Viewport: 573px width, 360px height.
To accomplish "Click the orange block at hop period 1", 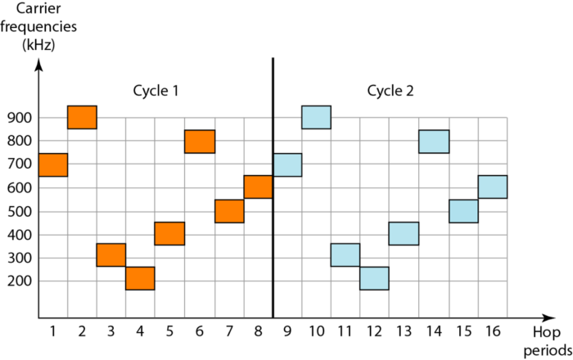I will (52, 164).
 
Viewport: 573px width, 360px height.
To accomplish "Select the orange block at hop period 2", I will (82, 117).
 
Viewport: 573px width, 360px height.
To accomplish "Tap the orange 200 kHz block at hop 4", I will (140, 278).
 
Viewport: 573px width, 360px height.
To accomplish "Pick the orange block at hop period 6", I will (200, 142).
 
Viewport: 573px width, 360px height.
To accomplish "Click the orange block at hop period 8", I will (258, 187).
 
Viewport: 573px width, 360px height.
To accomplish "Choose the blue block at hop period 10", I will (316, 117).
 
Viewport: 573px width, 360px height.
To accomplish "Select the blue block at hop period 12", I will (375, 278).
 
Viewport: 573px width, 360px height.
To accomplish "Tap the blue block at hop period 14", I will (434, 142).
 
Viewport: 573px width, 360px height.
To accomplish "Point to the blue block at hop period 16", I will (492, 187).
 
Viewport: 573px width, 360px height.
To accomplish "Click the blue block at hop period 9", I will (287, 164).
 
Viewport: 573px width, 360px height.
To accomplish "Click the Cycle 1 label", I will (156, 91).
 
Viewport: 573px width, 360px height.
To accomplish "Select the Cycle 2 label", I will (390, 91).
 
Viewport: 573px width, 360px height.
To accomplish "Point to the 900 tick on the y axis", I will (19, 118).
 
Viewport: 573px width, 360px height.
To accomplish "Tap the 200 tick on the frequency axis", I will (19, 281).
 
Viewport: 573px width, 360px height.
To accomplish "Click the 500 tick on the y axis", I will (19, 211).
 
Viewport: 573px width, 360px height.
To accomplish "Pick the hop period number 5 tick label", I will (169, 331).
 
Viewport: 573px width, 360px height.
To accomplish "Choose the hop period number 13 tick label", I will (404, 331).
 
